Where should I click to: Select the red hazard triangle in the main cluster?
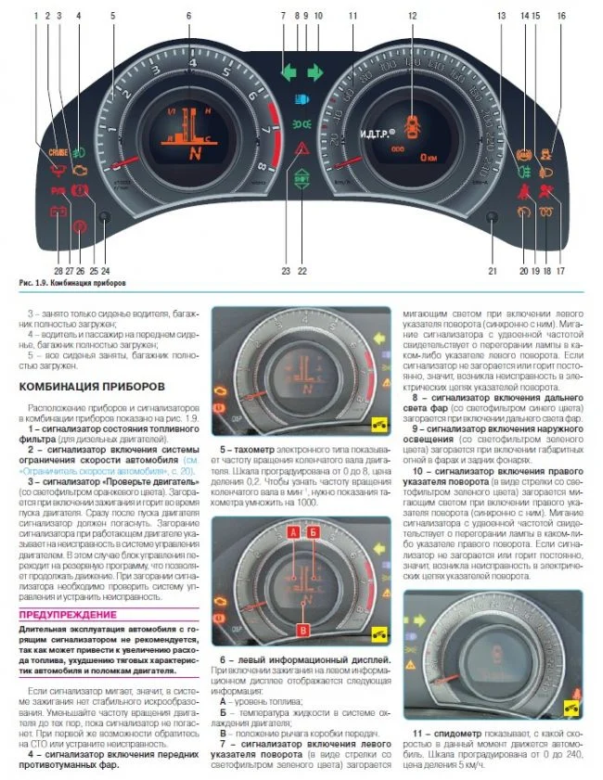click(302, 147)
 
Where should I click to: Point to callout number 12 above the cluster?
click(412, 16)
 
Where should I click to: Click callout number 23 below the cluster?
click(286, 271)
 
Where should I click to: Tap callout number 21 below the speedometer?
click(494, 271)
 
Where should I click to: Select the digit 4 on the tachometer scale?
click(192, 63)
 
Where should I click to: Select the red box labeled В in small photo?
click(303, 631)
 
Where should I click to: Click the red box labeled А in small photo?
click(292, 559)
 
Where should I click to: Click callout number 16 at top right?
click(561, 16)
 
